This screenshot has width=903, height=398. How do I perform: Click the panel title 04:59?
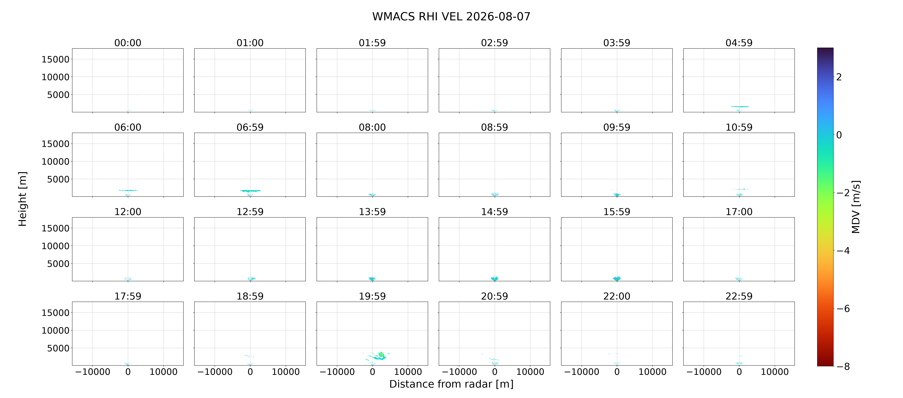tap(739, 43)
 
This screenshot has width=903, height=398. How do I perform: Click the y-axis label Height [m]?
tap(22, 199)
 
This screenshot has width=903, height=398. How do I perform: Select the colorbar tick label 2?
tap(839, 77)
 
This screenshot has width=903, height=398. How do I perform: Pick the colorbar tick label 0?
tap(839, 135)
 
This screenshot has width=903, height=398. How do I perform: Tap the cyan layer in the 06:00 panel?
tap(128, 190)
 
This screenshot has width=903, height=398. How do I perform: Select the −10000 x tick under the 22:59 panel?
tap(703, 372)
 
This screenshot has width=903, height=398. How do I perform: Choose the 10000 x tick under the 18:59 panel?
tap(286, 372)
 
